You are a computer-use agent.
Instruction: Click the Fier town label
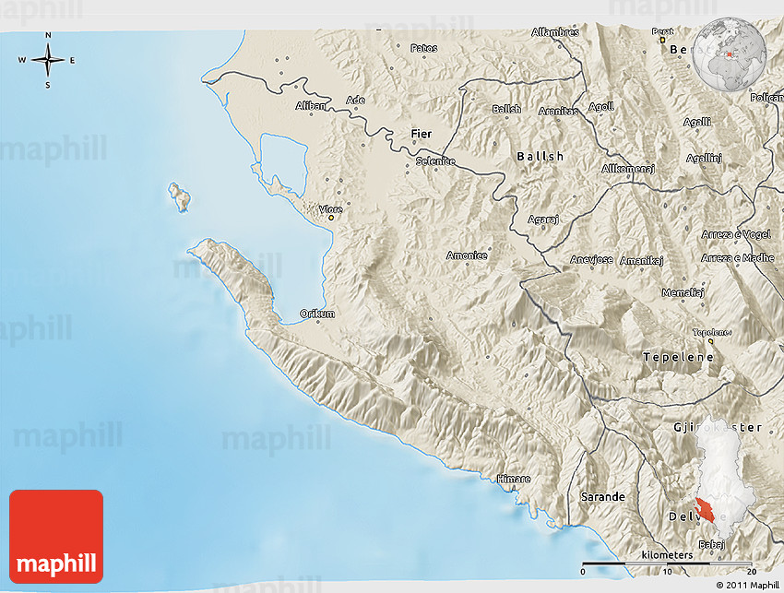pyautogui.click(x=421, y=134)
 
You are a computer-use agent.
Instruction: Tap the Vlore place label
pyautogui.click(x=330, y=209)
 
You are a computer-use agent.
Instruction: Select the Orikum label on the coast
pyautogui.click(x=317, y=314)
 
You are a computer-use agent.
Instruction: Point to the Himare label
pyautogui.click(x=514, y=479)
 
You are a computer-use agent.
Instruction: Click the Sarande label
pyautogui.click(x=602, y=496)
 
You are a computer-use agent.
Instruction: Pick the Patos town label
pyautogui.click(x=424, y=47)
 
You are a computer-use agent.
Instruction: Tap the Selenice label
pyautogui.click(x=435, y=160)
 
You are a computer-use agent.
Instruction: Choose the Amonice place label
pyautogui.click(x=467, y=255)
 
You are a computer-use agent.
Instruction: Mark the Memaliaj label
pyautogui.click(x=683, y=292)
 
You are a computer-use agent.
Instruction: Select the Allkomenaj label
pyautogui.click(x=627, y=169)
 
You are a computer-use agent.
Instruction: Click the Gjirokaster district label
pyautogui.click(x=719, y=427)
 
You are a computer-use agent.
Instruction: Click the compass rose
pyautogui.click(x=48, y=61)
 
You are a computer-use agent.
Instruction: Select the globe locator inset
pyautogui.click(x=731, y=55)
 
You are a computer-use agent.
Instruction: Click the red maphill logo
pyautogui.click(x=56, y=537)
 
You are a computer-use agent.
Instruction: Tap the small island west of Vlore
pyautogui.click(x=178, y=196)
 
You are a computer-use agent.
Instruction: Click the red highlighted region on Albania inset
pyautogui.click(x=708, y=510)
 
